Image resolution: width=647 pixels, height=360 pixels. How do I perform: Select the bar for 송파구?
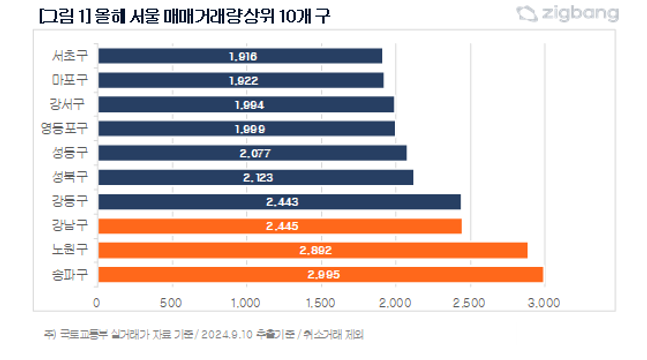pyautogui.click(x=320, y=275)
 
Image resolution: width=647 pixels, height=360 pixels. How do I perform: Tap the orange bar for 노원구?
pyautogui.click(x=312, y=250)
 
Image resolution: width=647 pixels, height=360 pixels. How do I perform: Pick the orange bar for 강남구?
pyautogui.click(x=279, y=226)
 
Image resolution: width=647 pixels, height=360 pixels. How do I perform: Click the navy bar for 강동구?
pyautogui.click(x=279, y=202)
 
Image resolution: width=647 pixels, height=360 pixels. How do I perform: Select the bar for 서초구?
pyautogui.click(x=240, y=56)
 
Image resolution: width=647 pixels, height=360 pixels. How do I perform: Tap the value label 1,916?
pyautogui.click(x=244, y=56)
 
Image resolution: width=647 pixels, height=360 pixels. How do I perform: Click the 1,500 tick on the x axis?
pyautogui.click(x=320, y=301)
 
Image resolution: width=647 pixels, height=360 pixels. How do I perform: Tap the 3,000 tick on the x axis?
pyautogui.click(x=542, y=301)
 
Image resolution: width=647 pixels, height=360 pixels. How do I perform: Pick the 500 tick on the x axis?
pyautogui.click(x=171, y=301)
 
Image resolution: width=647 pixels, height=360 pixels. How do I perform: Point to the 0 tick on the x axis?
pyautogui.click(x=97, y=301)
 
